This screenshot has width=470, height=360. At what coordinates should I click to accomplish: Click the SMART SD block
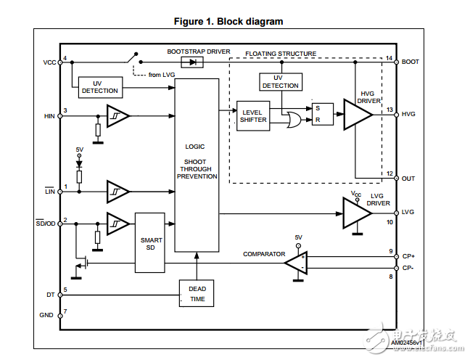[152, 242]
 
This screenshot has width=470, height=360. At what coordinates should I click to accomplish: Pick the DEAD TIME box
[197, 293]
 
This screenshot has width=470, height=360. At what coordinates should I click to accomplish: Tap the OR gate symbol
[296, 120]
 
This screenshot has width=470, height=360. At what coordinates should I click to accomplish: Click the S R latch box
[322, 115]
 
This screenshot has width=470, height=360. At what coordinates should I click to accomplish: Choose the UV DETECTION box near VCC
[100, 86]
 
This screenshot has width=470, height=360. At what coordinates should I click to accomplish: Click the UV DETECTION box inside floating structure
[280, 81]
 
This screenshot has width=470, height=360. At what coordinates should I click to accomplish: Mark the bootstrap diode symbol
[192, 62]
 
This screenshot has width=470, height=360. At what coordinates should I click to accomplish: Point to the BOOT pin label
[410, 62]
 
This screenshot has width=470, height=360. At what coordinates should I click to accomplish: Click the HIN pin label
[49, 115]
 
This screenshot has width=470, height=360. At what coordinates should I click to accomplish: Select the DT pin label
[50, 293]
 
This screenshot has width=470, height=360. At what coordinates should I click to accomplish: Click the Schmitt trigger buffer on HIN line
[117, 115]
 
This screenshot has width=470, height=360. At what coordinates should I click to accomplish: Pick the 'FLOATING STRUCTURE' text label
[281, 53]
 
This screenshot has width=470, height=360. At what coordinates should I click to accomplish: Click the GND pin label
[48, 314]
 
